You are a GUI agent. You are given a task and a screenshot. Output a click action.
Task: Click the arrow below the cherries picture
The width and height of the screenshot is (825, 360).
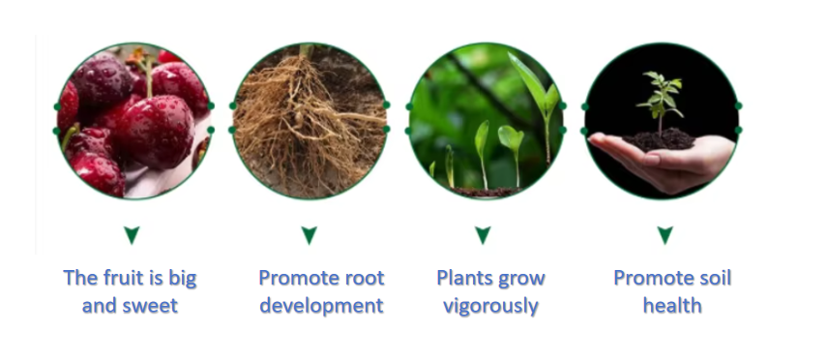[132, 235]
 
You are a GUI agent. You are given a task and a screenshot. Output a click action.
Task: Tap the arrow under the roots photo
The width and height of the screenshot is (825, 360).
[309, 235]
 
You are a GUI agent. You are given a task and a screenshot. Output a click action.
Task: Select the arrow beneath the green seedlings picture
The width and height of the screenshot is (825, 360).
[483, 235]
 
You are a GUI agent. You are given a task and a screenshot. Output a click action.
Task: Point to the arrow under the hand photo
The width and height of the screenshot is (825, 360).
[665, 235]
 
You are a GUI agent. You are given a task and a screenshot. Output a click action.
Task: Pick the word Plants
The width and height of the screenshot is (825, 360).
[462, 278]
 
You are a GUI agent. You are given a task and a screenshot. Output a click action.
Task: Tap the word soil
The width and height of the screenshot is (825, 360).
[714, 278]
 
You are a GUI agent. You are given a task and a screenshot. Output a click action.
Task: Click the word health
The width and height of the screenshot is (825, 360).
[672, 305]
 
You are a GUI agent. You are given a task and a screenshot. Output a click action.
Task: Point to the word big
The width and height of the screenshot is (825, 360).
[183, 279]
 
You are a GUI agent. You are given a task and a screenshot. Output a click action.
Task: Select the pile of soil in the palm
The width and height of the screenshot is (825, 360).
[659, 140]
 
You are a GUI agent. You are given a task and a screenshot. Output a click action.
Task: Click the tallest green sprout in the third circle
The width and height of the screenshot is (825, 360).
[540, 105]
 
